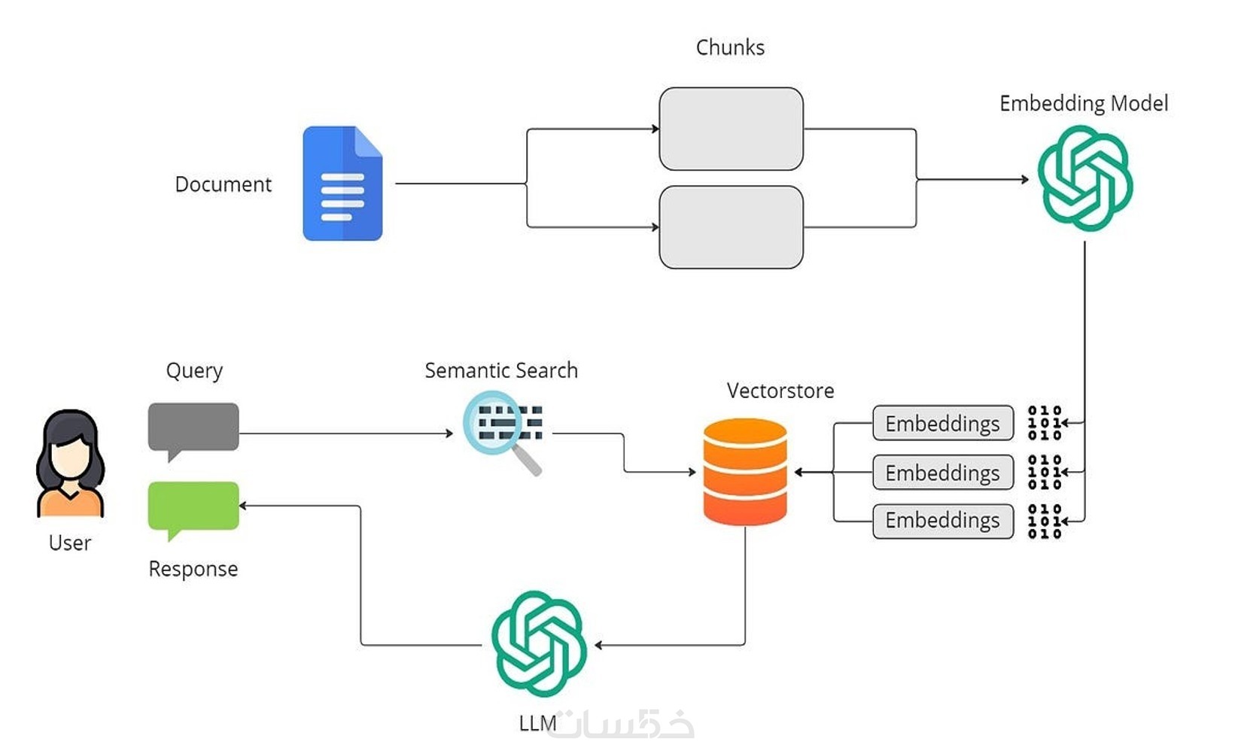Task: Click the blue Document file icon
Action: click(342, 184)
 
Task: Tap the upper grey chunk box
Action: click(731, 129)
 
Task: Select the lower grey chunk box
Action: click(731, 227)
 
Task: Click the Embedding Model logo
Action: click(1084, 178)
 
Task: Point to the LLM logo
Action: click(539, 643)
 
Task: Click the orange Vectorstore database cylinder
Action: click(745, 472)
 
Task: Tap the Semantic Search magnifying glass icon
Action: click(503, 429)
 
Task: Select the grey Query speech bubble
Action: click(193, 427)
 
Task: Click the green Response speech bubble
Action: click(193, 506)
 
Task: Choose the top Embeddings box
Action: click(942, 424)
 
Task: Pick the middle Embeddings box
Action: click(942, 473)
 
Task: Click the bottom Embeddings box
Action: click(942, 521)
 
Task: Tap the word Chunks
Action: click(730, 47)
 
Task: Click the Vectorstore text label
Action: click(780, 391)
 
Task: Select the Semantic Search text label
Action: click(501, 370)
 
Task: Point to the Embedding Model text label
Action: click(1084, 103)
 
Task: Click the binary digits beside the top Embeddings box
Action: click(1044, 423)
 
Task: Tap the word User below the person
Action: click(70, 543)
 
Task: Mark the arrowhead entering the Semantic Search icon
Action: click(449, 433)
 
